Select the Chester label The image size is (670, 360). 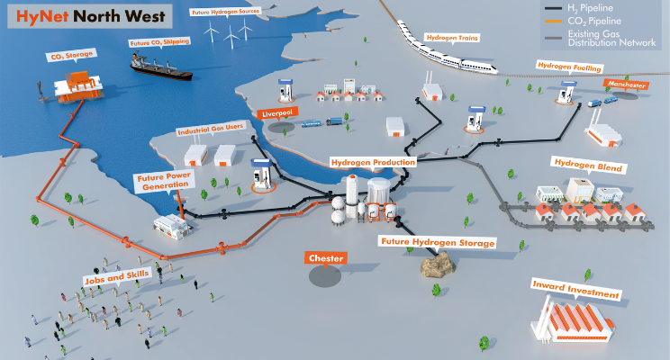click(x=326, y=258)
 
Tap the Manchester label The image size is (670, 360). click(x=627, y=85)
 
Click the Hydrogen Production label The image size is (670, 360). click(x=373, y=163)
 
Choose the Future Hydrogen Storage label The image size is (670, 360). click(x=438, y=243)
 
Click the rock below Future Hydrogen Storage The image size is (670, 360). click(x=437, y=264)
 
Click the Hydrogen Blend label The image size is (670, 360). click(x=588, y=167)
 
